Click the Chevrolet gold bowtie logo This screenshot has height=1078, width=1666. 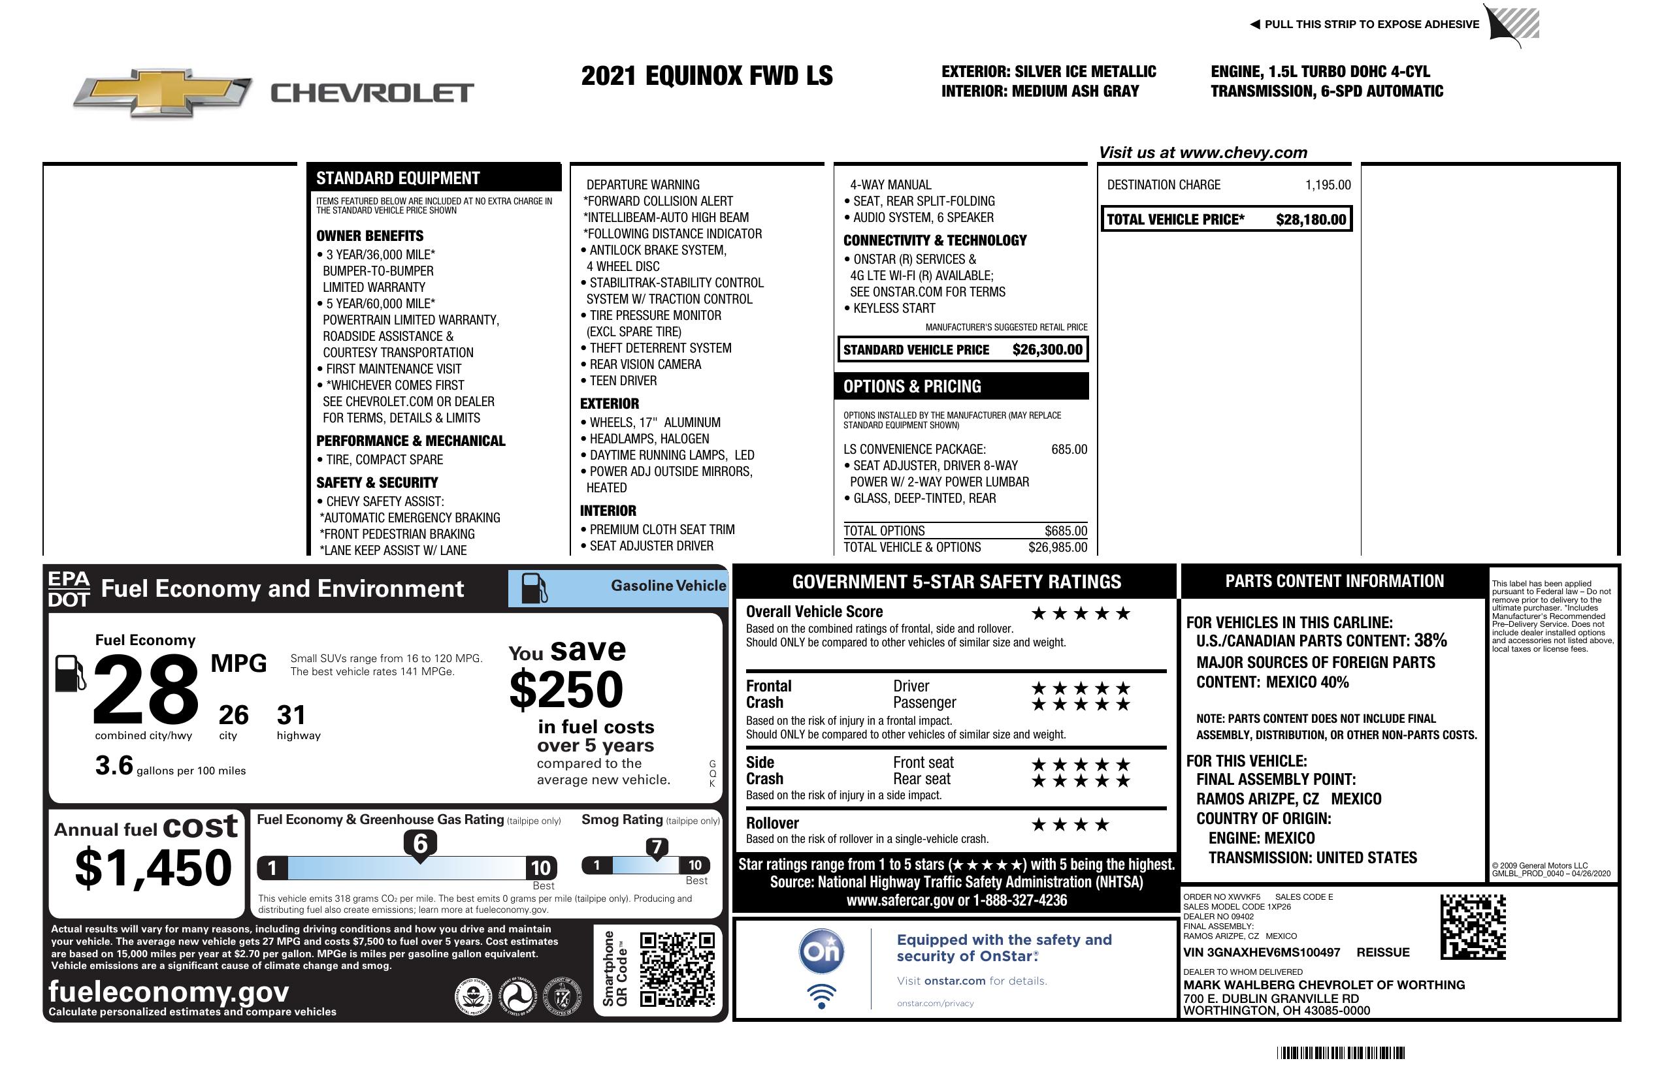[x=163, y=91]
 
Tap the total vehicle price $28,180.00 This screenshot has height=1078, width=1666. [x=1310, y=219]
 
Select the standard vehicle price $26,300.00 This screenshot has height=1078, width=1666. [x=1047, y=350]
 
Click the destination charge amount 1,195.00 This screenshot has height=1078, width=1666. [x=1327, y=185]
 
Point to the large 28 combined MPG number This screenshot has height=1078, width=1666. [x=146, y=689]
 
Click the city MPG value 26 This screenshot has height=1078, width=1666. [x=233, y=715]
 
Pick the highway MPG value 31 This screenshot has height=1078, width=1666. [x=291, y=715]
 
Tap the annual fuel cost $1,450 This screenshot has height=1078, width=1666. [x=153, y=868]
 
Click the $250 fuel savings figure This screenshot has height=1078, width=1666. [x=566, y=690]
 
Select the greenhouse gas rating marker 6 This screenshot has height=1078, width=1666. [x=420, y=844]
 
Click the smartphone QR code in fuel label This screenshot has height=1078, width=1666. [x=677, y=968]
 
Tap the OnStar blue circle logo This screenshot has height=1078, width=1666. [x=821, y=951]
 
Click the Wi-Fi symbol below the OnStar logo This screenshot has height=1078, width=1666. [x=821, y=996]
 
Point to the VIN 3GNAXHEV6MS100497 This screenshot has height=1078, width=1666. [x=1261, y=953]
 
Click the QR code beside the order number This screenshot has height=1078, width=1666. [x=1472, y=927]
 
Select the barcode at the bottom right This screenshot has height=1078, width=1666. [x=1340, y=1053]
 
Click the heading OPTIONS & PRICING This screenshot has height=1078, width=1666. [x=911, y=386]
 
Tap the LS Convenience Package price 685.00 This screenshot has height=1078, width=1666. [x=1068, y=449]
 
